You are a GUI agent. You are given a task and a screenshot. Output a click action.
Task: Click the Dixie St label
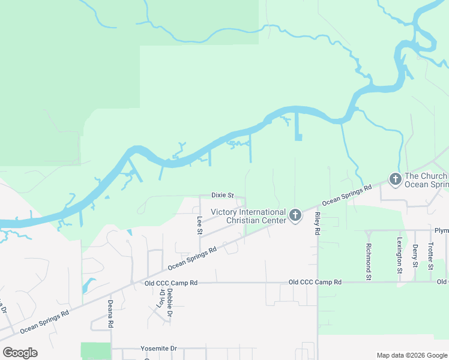222,195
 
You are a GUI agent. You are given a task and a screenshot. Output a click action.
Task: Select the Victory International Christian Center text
247,216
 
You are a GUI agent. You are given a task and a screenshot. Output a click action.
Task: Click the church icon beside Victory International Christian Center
295,215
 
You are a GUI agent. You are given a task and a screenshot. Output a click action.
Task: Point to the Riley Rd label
316,223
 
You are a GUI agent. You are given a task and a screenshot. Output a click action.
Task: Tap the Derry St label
415,254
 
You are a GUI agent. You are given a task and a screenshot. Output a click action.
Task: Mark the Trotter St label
430,254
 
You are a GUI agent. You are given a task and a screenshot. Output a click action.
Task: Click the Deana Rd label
110,313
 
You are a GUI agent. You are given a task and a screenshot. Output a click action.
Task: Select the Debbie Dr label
170,305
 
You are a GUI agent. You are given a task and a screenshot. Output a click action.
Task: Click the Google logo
20,353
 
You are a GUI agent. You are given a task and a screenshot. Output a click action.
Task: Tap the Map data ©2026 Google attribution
411,355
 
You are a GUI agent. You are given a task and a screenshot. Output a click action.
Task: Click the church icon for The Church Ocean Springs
395,179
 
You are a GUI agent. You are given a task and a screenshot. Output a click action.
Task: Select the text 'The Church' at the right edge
426,176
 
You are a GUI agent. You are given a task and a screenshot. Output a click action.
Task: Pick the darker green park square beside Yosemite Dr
96,351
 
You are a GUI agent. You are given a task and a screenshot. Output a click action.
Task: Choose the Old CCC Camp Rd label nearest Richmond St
315,282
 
